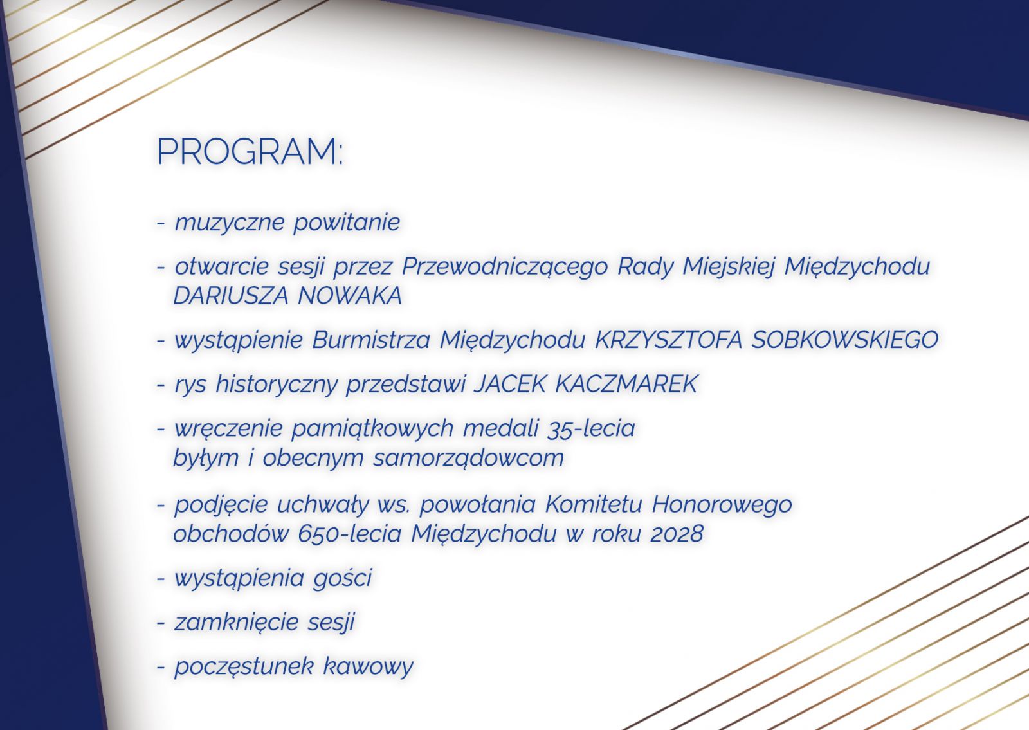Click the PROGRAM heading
(x=250, y=152)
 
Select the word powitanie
(x=347, y=223)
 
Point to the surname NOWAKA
(x=350, y=296)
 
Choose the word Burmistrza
(x=371, y=340)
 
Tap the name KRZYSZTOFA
(x=669, y=340)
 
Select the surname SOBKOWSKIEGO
(x=844, y=340)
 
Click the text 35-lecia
(x=591, y=428)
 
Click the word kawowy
(x=369, y=667)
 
